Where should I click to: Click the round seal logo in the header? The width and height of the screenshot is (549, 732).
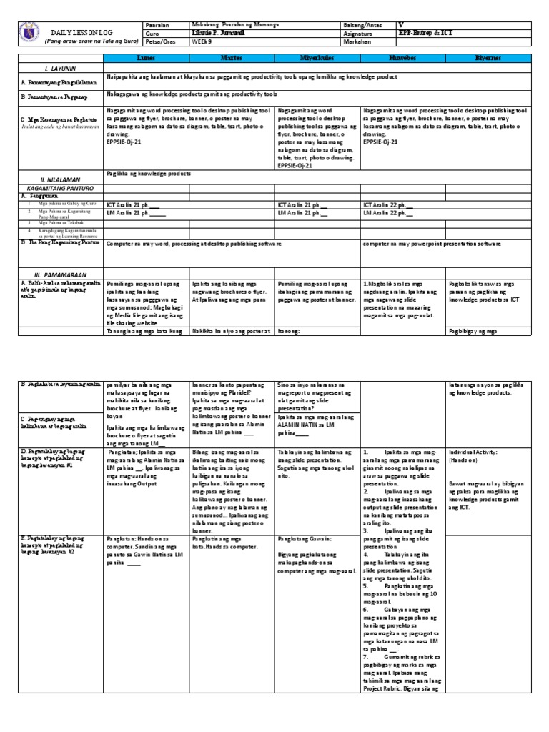(x=25, y=32)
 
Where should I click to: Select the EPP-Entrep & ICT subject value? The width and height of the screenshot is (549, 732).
(x=426, y=33)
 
